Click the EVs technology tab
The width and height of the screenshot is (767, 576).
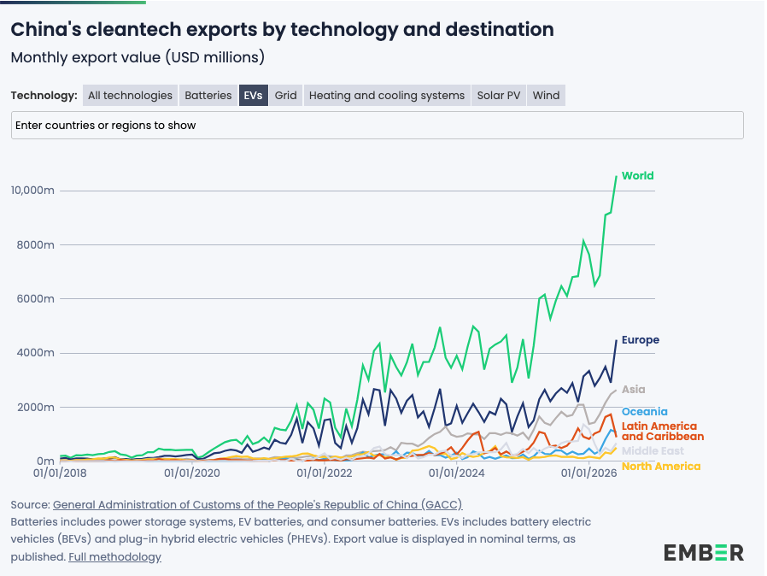[x=253, y=96]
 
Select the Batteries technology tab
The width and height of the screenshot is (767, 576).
[x=208, y=96]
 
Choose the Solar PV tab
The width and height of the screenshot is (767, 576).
[x=499, y=96]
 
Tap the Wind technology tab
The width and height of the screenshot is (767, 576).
[x=546, y=96]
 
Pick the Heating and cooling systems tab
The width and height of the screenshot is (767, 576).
[x=386, y=96]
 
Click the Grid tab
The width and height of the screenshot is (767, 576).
[x=285, y=96]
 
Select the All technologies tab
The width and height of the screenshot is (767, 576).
[x=130, y=96]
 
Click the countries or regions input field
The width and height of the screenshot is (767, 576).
[x=378, y=126]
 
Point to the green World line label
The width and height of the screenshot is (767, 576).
[x=637, y=176]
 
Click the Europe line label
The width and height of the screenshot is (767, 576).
[x=641, y=339]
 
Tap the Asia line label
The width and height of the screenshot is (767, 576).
[x=634, y=390]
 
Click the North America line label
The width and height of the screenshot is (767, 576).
[x=661, y=467]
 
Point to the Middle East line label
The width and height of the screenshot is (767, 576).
[x=653, y=450]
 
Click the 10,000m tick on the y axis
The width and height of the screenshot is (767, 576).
[x=32, y=191]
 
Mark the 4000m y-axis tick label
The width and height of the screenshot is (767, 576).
[x=35, y=353]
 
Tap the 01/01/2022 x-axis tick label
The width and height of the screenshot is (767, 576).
[x=325, y=473]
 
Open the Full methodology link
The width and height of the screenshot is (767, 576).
[x=114, y=557]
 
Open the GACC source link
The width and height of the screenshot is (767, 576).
[x=257, y=504]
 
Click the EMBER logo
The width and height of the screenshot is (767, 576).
[x=704, y=553]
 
